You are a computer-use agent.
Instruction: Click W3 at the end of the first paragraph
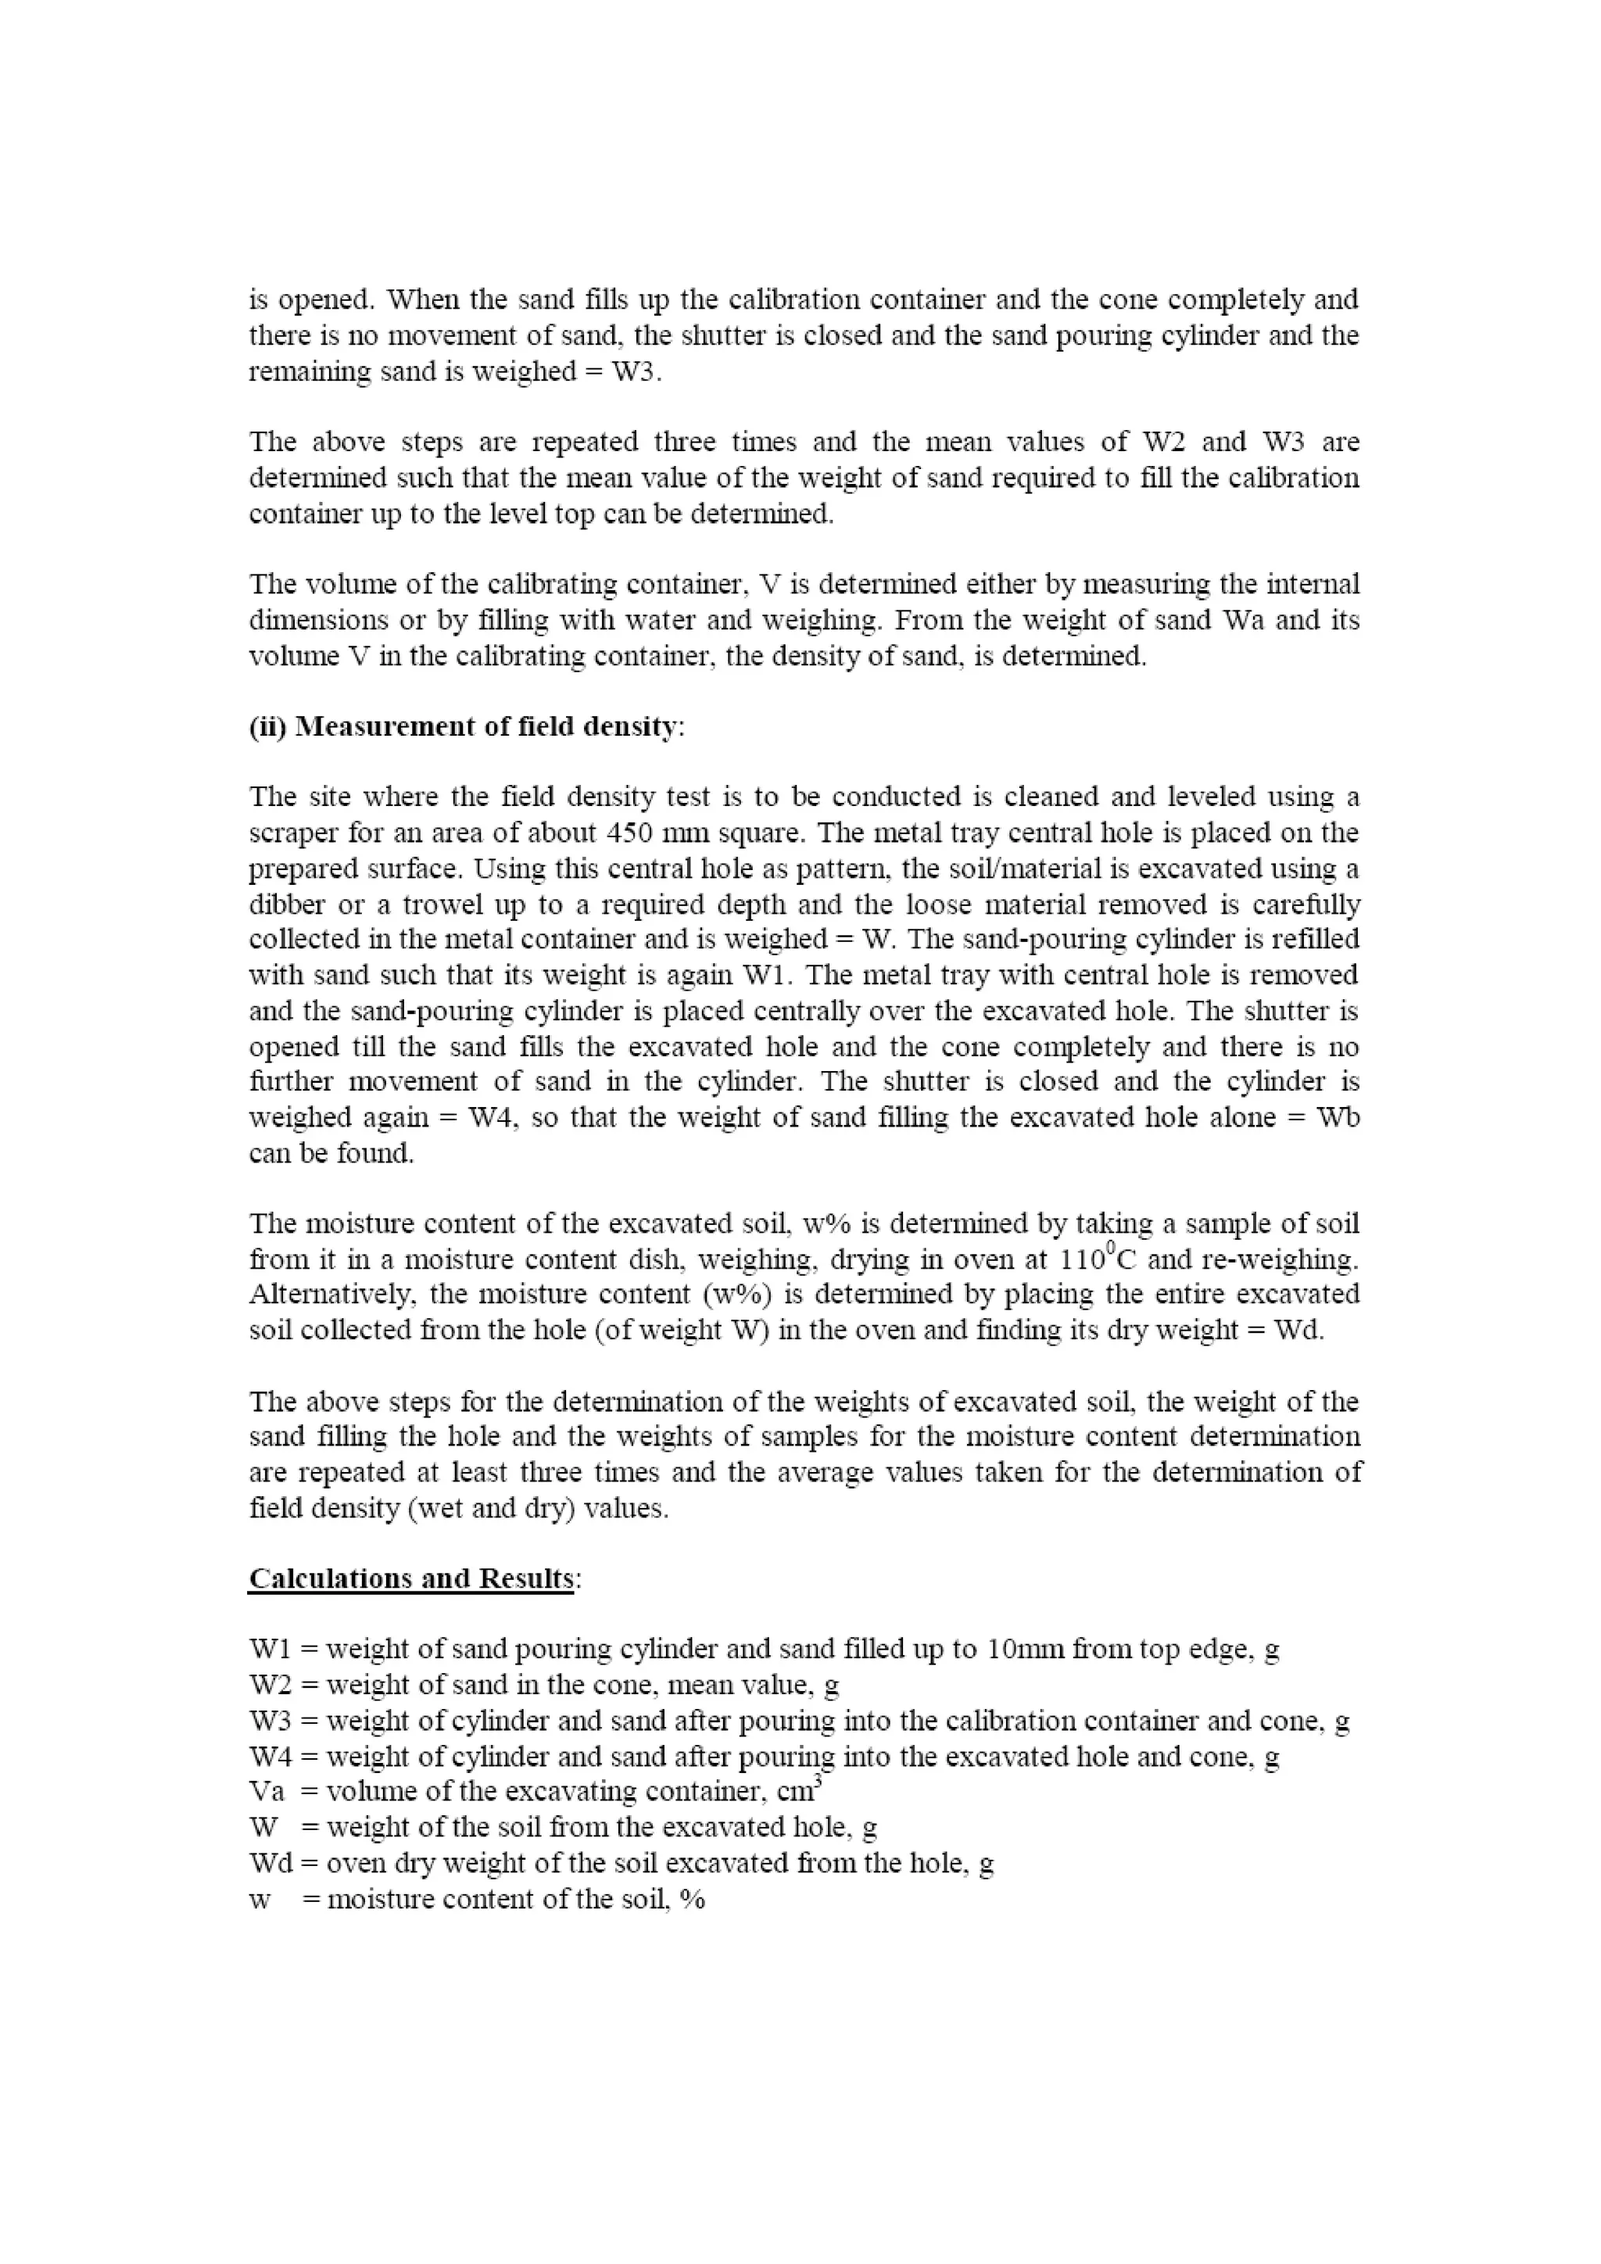[632, 372]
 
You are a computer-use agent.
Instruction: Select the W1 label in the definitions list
[269, 1649]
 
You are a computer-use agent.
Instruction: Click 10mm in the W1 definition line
[1024, 1649]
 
